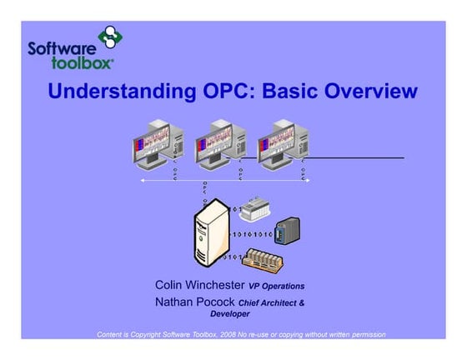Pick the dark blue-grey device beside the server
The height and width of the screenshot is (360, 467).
pos(288,231)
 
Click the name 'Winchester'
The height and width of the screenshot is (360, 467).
pos(216,285)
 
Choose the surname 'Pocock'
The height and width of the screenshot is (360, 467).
pos(214,302)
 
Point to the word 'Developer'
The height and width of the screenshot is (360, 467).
pos(229,315)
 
